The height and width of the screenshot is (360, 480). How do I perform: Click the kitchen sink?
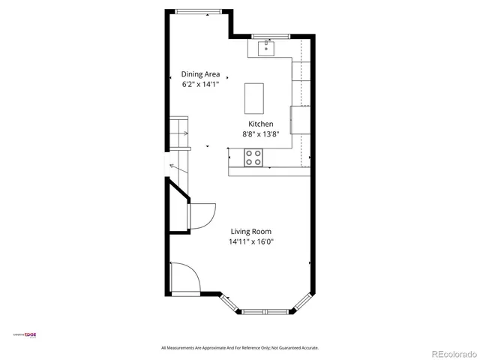click(x=265, y=49)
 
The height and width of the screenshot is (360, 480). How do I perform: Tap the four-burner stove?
click(x=253, y=157)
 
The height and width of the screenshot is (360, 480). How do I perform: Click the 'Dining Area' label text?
click(x=199, y=74)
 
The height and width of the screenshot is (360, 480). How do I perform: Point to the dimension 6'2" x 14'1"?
click(x=199, y=85)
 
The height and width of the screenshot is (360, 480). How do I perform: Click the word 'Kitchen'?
click(x=261, y=124)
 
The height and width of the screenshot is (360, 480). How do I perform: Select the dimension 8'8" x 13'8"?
click(x=261, y=134)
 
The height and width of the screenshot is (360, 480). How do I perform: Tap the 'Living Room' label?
click(x=250, y=232)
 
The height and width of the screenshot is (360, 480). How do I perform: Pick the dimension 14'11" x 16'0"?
click(x=250, y=242)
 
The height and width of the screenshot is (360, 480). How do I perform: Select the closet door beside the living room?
click(x=201, y=217)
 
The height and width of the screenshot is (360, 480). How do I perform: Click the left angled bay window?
click(x=230, y=303)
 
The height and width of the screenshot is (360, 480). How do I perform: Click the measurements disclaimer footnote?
click(x=240, y=348)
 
